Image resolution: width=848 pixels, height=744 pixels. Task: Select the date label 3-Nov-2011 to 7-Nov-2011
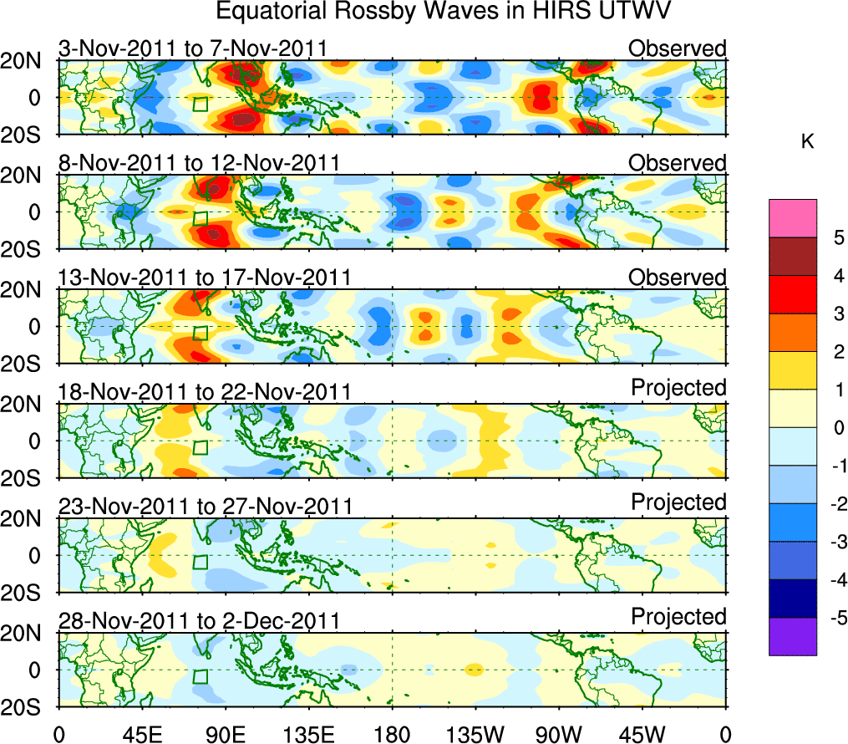tap(192, 48)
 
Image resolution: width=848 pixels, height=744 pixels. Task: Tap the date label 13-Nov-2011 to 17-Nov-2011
tap(204, 278)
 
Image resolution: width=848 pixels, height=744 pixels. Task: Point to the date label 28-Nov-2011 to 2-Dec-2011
tap(199, 621)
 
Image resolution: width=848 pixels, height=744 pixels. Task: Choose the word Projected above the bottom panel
tap(678, 617)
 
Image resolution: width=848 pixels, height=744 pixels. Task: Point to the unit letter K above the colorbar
tap(807, 143)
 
